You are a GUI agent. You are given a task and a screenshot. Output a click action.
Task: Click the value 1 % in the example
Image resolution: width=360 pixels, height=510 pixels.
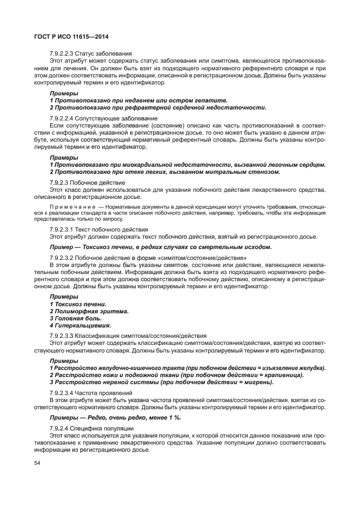pos(174,417)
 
